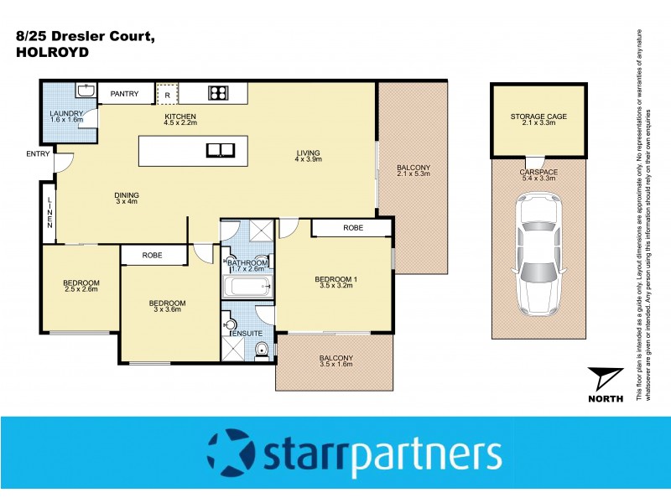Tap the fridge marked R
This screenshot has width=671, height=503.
click(x=167, y=94)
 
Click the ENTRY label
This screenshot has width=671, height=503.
click(x=38, y=153)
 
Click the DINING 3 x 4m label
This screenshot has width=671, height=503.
click(x=127, y=200)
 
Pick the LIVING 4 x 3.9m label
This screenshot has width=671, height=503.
click(x=308, y=157)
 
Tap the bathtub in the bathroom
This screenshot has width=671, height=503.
click(x=247, y=288)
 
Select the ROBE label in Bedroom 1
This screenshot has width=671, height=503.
click(x=351, y=227)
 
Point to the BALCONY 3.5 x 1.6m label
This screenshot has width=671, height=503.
click(x=335, y=362)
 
